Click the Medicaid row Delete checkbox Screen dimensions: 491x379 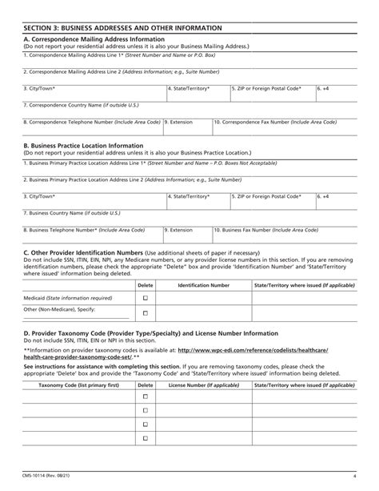(146, 297)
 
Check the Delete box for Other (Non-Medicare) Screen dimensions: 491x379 (146, 311)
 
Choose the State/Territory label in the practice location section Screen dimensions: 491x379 (189, 195)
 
